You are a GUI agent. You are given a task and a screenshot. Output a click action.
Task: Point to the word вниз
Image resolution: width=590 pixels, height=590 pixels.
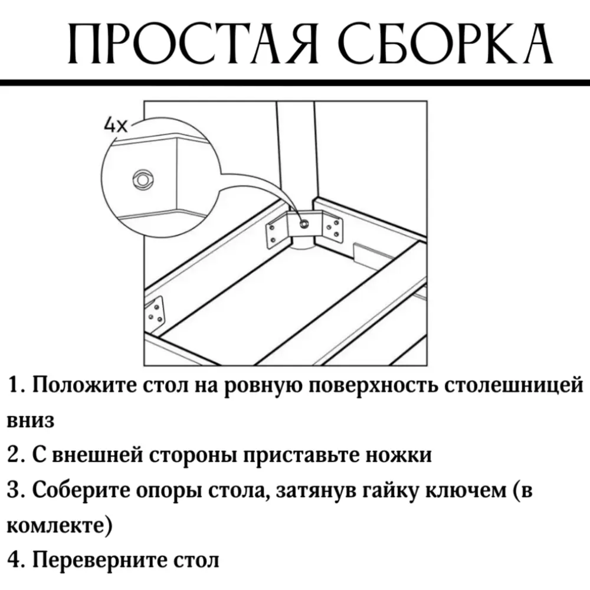coord(31,421)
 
